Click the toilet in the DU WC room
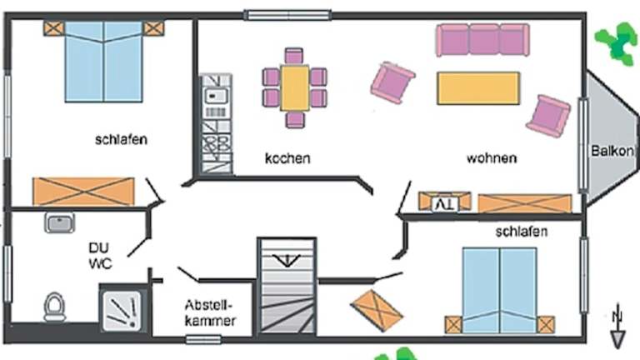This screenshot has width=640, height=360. [55, 307]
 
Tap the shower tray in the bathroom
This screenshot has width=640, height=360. [122, 308]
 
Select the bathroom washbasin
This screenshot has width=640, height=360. [61, 222]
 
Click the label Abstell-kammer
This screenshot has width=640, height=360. [208, 312]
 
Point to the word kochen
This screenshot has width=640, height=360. [287, 157]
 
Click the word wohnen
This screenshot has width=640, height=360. [492, 157]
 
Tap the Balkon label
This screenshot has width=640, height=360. [612, 152]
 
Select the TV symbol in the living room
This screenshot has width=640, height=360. [444, 202]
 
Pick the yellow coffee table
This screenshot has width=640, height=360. [477, 87]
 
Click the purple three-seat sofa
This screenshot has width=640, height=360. [482, 39]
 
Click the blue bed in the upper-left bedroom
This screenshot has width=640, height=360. [104, 61]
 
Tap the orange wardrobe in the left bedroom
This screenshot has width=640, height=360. [82, 192]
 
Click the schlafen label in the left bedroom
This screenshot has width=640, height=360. [121, 139]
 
